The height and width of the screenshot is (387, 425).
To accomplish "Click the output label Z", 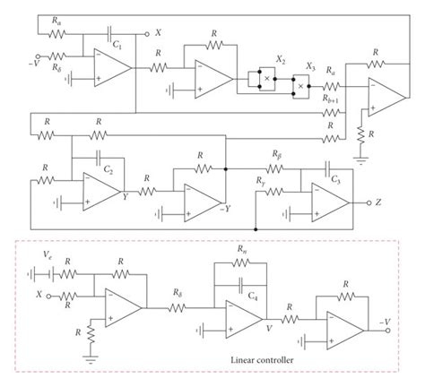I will (379, 202).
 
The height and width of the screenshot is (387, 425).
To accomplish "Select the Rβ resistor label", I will (277, 154).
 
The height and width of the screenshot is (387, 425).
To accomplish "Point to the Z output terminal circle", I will (368, 202).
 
